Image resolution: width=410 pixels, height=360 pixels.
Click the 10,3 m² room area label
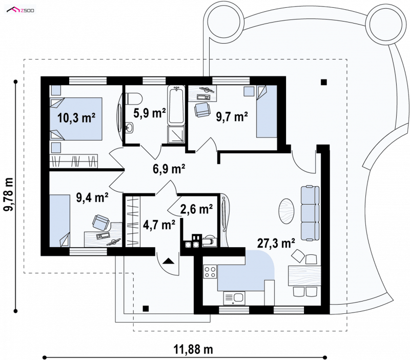coord(76,118)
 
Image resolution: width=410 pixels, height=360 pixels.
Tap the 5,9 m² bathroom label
coord(150,113)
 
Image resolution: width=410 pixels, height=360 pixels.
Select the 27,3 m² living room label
coord(276,243)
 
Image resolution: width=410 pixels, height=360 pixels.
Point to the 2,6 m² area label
coord(196,209)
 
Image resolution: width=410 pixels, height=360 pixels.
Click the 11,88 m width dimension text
coord(193,349)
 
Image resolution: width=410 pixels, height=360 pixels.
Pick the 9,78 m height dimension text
coord(8,194)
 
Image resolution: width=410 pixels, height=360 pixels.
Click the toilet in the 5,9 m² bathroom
coord(134,98)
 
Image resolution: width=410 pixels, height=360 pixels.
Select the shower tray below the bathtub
coord(176,135)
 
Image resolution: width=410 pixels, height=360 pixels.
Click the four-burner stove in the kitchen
coord(210,272)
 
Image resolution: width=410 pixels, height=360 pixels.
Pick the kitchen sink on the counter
coord(234,298)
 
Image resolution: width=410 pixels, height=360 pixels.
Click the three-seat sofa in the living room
coord(310,213)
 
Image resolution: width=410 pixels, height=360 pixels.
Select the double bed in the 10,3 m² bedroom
coord(76,119)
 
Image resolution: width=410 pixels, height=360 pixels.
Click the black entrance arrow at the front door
coord(168,261)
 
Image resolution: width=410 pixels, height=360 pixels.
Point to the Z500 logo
coord(20,10)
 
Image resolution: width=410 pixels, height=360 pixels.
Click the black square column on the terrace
coord(324,82)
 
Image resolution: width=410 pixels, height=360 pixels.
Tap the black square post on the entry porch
coord(146,309)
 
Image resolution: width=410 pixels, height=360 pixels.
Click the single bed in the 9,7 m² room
coord(266,111)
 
